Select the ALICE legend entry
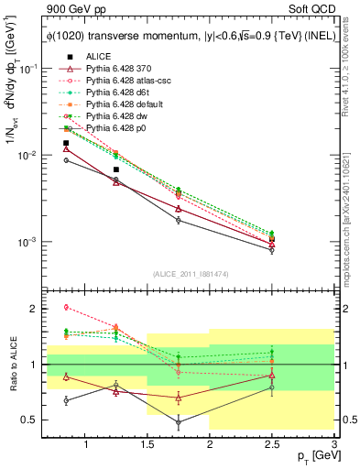pyautogui.click(x=99, y=56)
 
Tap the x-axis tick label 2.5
pyautogui.click(x=272, y=445)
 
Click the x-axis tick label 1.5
pyautogui.click(x=147, y=445)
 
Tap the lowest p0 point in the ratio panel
pyautogui.click(x=178, y=422)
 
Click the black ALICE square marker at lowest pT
pyautogui.click(x=66, y=143)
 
